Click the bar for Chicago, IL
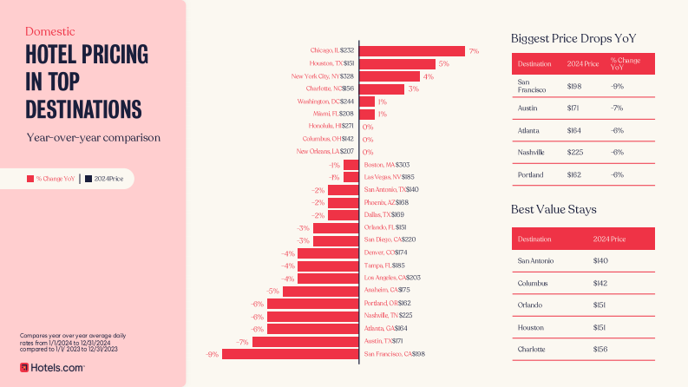tap(412, 51)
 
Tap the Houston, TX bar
tap(397, 63)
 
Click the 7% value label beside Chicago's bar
tap(474, 51)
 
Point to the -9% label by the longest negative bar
tap(212, 354)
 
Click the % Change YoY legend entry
tap(51, 179)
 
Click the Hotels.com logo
tap(52, 368)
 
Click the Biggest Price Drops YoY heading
tap(574, 38)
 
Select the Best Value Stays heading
tap(554, 209)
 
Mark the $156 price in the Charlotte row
tap(600, 349)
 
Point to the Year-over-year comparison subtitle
tap(93, 137)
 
